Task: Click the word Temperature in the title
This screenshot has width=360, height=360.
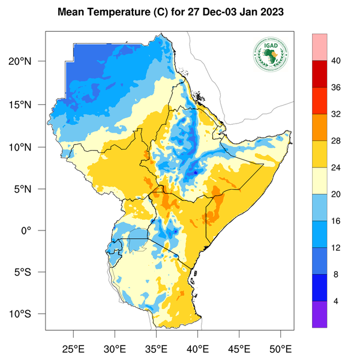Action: (x=115, y=12)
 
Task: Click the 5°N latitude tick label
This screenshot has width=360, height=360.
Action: (x=29, y=188)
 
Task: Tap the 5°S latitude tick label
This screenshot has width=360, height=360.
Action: (x=29, y=272)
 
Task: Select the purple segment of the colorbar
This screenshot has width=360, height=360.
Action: (x=319, y=314)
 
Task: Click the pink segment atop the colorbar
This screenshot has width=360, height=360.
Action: (x=319, y=46)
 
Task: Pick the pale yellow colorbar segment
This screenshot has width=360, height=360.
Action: (x=319, y=181)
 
